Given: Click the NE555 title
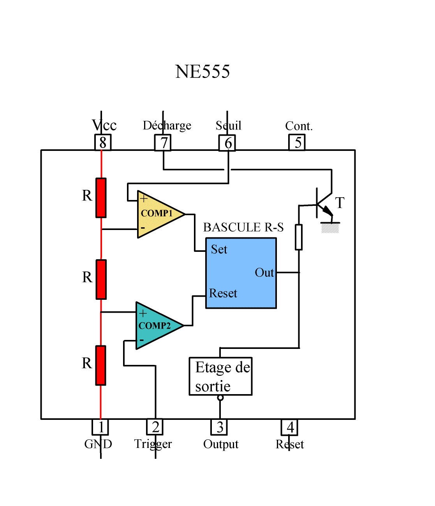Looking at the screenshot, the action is (x=203, y=71).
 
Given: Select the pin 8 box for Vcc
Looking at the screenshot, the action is (x=103, y=142).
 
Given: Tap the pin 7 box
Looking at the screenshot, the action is (x=163, y=142).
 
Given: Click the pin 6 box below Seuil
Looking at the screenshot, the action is (x=227, y=143).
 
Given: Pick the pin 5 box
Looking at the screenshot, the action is (x=297, y=142).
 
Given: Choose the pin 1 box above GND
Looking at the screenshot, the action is (x=100, y=427).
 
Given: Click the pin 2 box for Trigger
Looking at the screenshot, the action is (x=155, y=427).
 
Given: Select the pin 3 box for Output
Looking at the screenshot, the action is (x=219, y=427).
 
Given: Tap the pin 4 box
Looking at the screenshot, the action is (x=289, y=427).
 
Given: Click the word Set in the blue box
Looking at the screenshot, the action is (x=219, y=249).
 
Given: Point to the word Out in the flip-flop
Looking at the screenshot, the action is (x=264, y=272).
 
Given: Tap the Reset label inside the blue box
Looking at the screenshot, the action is (x=223, y=293).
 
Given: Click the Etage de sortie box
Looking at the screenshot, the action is (x=220, y=376).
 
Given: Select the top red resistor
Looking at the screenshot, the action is (x=101, y=198).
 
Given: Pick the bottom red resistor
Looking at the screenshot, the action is (x=100, y=365).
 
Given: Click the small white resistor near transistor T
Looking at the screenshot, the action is (x=299, y=237).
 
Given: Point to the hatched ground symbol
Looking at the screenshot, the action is (x=330, y=228).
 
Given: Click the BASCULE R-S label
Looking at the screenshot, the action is (x=243, y=227).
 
